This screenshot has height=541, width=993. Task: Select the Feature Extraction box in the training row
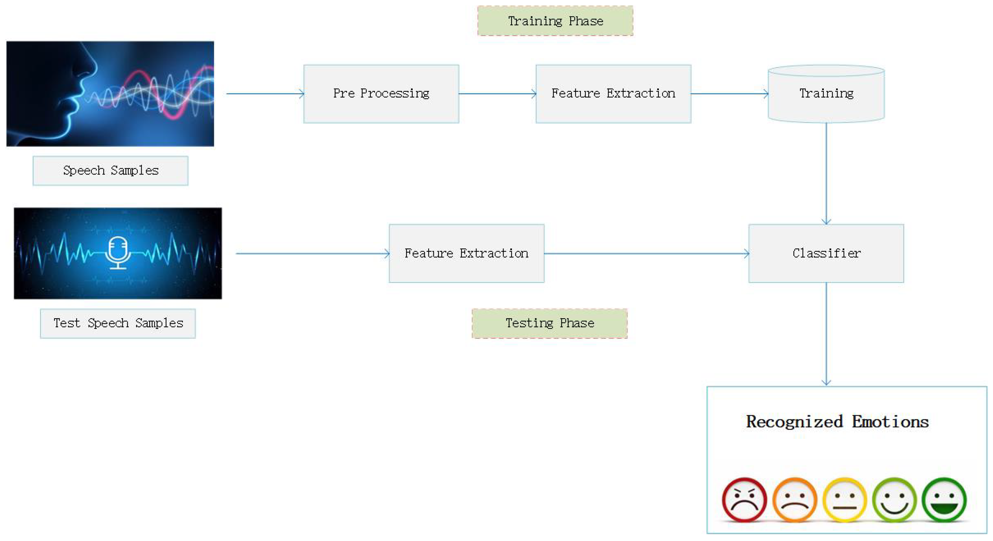point(613,94)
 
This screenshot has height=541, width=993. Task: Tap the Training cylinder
point(826,94)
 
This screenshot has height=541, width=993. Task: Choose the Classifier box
point(826,253)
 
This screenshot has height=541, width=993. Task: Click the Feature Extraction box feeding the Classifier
point(466,253)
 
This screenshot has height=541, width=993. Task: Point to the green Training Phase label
point(555,21)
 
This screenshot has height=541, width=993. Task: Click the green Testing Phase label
point(549,323)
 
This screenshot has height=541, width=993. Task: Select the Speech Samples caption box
point(111,171)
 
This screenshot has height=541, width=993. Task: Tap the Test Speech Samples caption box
point(118,323)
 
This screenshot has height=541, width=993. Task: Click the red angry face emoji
point(744,500)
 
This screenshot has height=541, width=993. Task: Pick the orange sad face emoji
point(795,500)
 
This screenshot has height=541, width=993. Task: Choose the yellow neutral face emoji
point(845,500)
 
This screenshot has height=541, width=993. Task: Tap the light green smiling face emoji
point(894,500)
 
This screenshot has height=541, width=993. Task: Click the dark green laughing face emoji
point(944,500)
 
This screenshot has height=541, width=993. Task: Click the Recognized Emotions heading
point(837,421)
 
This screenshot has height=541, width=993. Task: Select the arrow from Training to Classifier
point(826,173)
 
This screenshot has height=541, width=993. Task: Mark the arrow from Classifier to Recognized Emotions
point(826,334)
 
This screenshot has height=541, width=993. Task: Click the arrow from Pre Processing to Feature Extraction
point(497,94)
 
